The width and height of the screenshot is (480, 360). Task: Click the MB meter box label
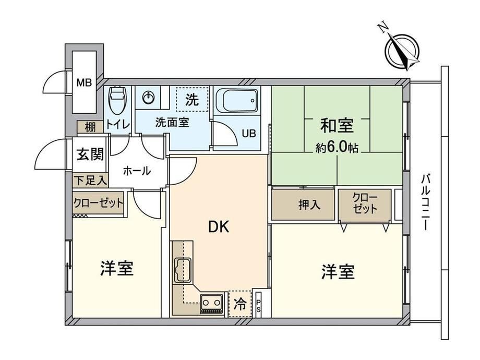click(x=84, y=82)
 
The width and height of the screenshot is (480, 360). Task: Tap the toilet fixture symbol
click(x=117, y=100)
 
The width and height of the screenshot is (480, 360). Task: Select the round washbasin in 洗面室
click(x=149, y=98)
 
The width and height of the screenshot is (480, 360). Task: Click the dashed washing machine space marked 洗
click(x=192, y=99)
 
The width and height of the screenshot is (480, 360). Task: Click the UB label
click(x=248, y=134)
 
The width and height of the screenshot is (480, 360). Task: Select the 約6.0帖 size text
click(x=337, y=148)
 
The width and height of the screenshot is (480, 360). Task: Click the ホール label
click(x=137, y=171)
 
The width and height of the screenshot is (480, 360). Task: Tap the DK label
click(x=219, y=227)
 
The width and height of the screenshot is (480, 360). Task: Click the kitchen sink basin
click(x=183, y=270)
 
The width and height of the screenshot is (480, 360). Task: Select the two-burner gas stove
click(x=211, y=304)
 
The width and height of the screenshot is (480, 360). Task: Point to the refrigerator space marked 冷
click(x=240, y=304)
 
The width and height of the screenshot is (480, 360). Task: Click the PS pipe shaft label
click(x=258, y=306)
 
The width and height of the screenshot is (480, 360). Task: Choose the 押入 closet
click(x=303, y=205)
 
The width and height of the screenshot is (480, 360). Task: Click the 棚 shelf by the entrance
click(x=90, y=127)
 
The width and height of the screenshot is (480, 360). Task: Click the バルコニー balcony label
click(x=426, y=202)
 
